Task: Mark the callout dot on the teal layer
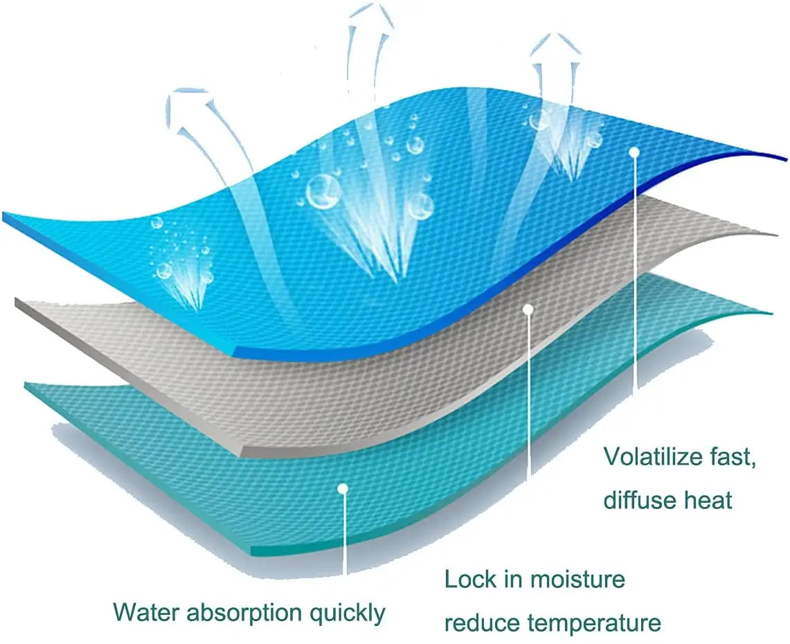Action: (x=342, y=488)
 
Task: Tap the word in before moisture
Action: (x=513, y=579)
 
